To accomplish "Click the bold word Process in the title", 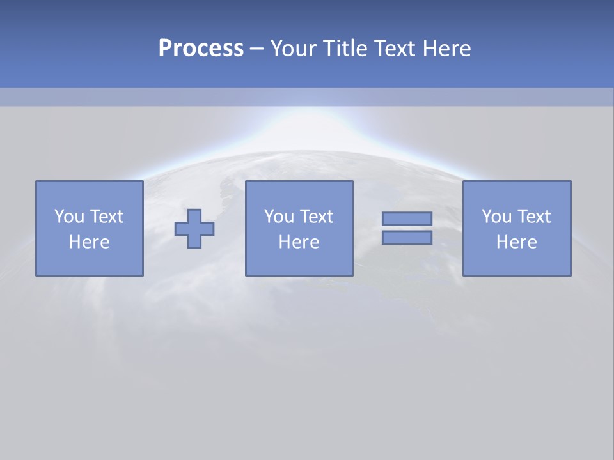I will [x=201, y=48].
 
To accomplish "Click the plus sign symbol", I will [x=194, y=229].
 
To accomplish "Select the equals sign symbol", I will [x=407, y=228].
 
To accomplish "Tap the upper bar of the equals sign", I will [x=407, y=218].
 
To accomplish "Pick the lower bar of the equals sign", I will [x=407, y=238].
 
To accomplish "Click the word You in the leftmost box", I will [x=69, y=217].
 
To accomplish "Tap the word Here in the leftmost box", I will [x=89, y=242].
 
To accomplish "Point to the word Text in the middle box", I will [x=316, y=217].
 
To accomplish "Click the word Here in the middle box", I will [x=299, y=242].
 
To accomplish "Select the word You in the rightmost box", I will [x=496, y=217].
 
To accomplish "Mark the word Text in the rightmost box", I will [x=533, y=217].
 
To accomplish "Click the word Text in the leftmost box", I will [x=106, y=217].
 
